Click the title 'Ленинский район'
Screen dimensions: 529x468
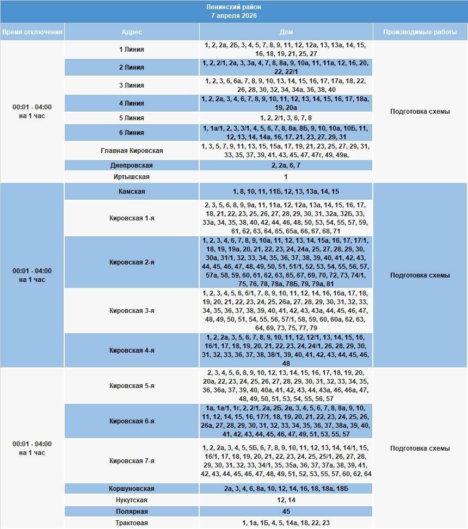point(234,7)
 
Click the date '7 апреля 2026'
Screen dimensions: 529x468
point(234,16)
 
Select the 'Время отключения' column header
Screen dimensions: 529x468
point(32,32)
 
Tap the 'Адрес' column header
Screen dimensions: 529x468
point(132,32)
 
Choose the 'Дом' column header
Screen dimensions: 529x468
point(286,32)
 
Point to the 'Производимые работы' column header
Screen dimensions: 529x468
point(420,32)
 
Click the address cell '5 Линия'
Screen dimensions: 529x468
point(132,118)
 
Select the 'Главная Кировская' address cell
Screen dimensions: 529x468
point(132,151)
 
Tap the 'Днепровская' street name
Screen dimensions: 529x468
point(132,165)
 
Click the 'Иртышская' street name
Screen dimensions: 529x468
point(132,177)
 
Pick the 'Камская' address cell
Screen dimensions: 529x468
point(132,192)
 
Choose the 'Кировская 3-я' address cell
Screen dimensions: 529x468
point(132,311)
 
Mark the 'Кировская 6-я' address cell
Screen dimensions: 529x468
point(132,421)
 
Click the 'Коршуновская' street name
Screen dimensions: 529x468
point(132,489)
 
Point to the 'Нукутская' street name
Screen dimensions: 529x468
point(132,500)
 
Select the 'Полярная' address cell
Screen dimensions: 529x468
point(132,512)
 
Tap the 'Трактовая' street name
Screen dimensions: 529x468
point(132,523)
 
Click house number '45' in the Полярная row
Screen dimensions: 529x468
point(286,512)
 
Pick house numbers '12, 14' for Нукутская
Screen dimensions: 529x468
point(286,500)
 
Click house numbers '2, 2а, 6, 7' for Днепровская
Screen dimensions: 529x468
point(286,165)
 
